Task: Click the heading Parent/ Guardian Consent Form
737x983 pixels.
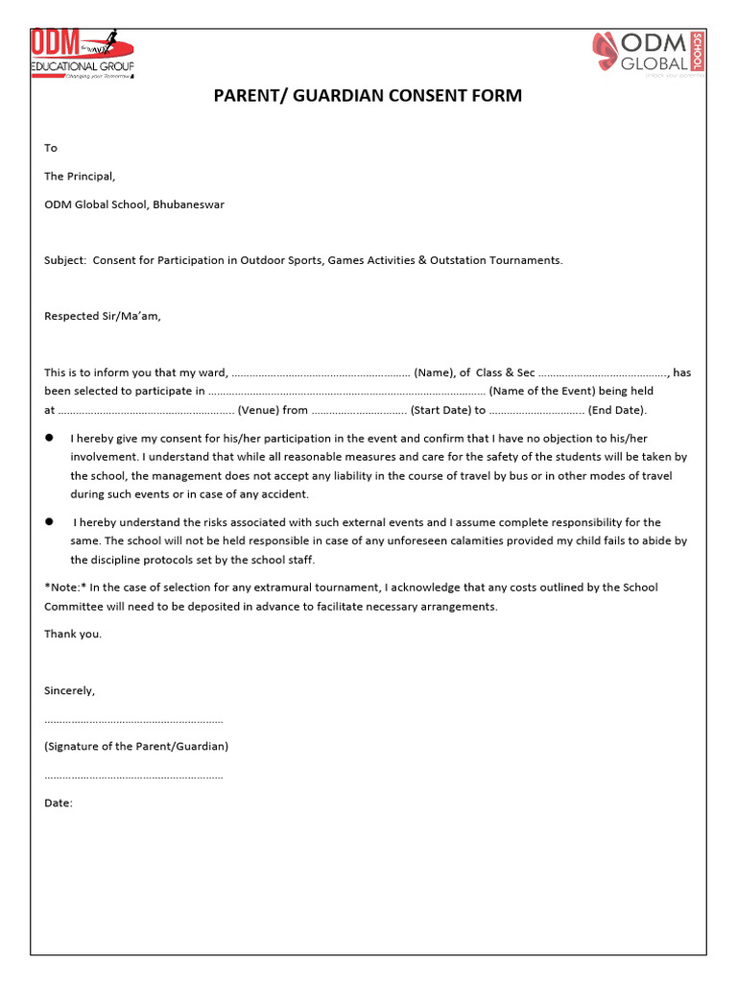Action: pos(368,96)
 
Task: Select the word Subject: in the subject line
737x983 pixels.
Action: pos(65,260)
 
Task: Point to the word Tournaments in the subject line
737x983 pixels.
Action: pos(527,260)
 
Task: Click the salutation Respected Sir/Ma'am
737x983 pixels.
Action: pos(103,316)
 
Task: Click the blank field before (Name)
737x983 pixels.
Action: pos(321,373)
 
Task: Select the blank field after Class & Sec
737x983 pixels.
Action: pos(602,373)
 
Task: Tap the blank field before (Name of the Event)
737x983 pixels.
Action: pos(346,392)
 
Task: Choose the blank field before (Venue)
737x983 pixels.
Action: pos(146,411)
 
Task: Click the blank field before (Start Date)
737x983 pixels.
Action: pos(359,411)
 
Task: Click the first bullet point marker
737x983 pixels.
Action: pos(49,438)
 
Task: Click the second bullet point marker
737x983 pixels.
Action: pos(49,521)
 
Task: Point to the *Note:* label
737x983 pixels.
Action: pos(64,587)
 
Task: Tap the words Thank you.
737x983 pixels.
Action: pos(73,634)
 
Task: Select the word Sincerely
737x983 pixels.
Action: pos(69,690)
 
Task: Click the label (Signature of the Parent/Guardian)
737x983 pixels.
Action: pos(136,746)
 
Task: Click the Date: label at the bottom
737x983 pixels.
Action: pos(59,803)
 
